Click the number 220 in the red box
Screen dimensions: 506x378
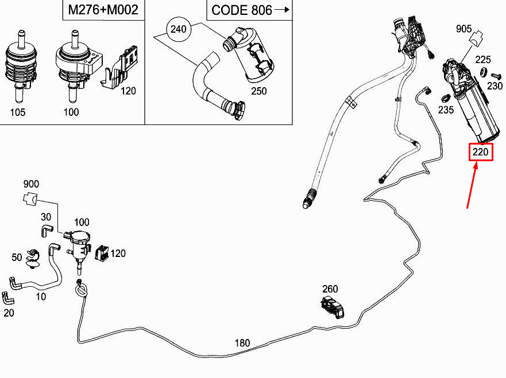click(x=481, y=152)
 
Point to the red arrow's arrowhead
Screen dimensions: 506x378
click(x=476, y=165)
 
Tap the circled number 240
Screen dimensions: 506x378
click(x=179, y=29)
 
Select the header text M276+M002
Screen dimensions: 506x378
click(x=103, y=10)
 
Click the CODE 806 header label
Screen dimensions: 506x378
click(x=242, y=10)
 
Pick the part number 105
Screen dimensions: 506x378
click(x=17, y=112)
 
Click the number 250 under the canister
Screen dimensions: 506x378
click(x=259, y=91)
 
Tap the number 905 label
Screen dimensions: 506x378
click(x=463, y=29)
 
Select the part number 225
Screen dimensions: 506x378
click(x=483, y=60)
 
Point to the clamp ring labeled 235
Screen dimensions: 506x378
click(x=445, y=98)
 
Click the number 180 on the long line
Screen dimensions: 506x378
click(x=242, y=343)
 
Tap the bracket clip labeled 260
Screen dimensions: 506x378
click(x=333, y=307)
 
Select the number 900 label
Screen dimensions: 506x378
click(x=31, y=184)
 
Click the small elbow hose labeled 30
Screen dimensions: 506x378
click(x=47, y=231)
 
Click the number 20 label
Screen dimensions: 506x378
click(x=9, y=313)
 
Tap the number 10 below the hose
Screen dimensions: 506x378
click(x=41, y=297)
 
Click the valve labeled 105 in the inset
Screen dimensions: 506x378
click(x=21, y=67)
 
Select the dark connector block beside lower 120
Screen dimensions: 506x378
click(x=103, y=253)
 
